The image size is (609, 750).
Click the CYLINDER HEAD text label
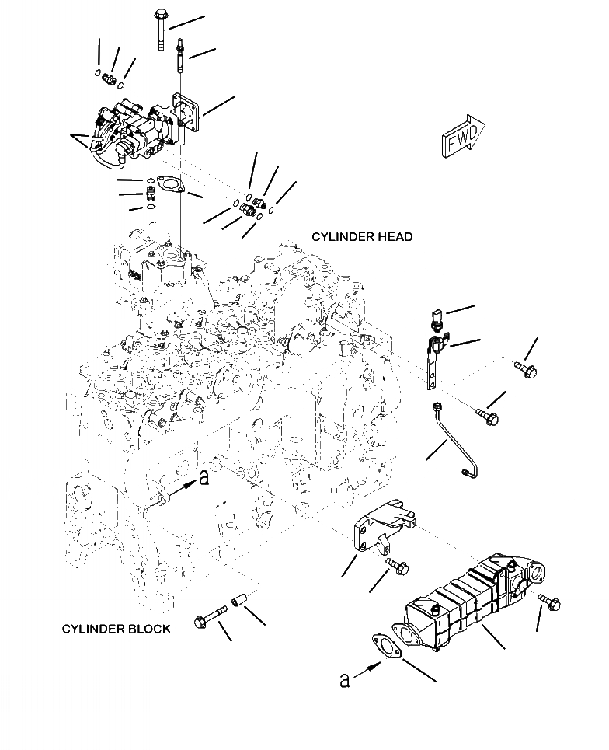tap(362, 236)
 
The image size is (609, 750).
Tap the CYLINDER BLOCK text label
tap(116, 628)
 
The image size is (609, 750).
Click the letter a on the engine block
tap(204, 479)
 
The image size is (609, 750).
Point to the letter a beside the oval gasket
tap(345, 680)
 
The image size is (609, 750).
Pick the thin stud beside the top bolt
tap(181, 54)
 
